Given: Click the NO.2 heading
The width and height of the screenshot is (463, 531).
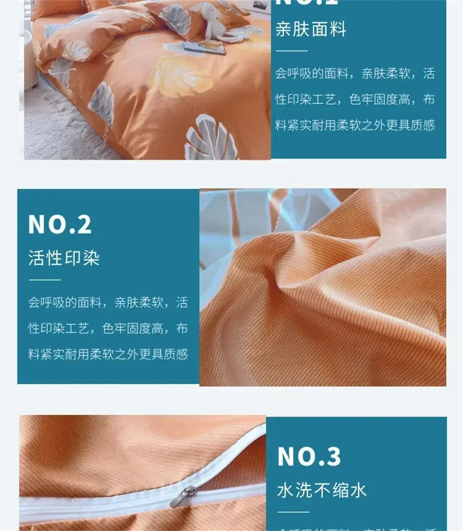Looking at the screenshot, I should (60, 224).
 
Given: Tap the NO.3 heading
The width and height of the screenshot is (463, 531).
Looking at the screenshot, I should (309, 457).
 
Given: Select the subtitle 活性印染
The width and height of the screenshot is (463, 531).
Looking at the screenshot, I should (64, 258).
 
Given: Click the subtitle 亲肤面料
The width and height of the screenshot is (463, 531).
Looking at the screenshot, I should (311, 29).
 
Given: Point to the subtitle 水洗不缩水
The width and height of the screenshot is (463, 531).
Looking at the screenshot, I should (322, 490).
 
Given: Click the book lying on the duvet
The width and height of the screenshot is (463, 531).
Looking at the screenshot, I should (204, 47).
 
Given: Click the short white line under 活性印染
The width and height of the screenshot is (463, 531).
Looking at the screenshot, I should (44, 280).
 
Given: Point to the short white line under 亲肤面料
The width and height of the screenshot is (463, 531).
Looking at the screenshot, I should (291, 51).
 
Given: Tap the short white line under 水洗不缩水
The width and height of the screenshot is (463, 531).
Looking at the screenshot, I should (293, 512).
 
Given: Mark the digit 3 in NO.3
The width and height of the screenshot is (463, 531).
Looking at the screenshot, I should (332, 457).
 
